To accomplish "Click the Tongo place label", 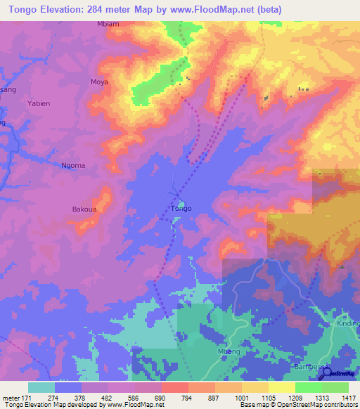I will [x=181, y=209].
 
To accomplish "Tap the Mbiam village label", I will [x=108, y=24].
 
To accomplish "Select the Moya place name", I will [x=99, y=82].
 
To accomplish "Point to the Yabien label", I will [x=39, y=103].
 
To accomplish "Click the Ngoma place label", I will [x=73, y=166].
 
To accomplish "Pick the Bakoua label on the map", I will [x=85, y=209].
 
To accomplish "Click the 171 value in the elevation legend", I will [x=27, y=397].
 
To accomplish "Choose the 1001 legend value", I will [x=242, y=397].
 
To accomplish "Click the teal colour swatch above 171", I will [x=41, y=387].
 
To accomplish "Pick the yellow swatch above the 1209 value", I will [x=281, y=387].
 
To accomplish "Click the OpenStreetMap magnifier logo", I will [x=326, y=374].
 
